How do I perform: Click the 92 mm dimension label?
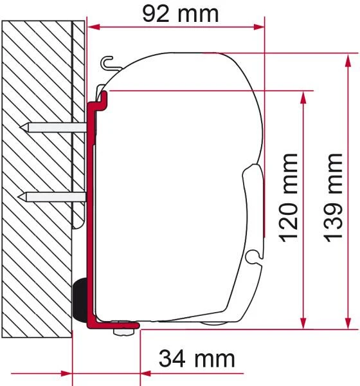181,14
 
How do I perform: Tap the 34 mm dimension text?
197,359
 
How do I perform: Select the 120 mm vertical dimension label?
289,198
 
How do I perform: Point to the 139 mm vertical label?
334,198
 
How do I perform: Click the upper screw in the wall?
53,127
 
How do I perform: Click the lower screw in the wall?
51,197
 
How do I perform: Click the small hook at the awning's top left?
108,63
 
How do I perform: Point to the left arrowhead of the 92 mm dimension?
93,27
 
